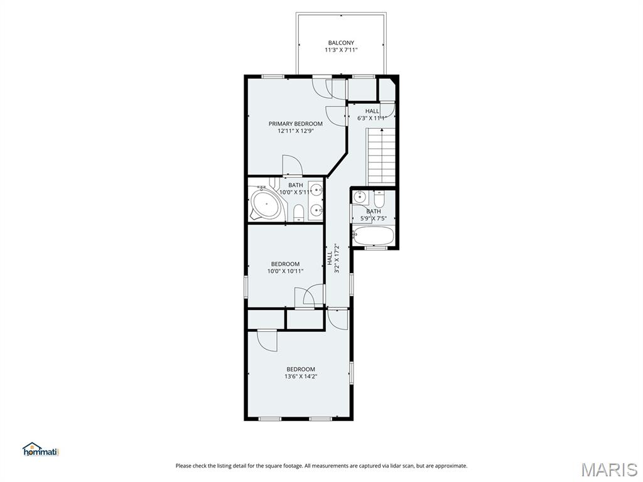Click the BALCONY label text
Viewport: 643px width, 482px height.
point(341,43)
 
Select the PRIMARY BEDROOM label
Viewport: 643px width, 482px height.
point(296,124)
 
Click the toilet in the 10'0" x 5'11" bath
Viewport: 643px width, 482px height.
point(298,213)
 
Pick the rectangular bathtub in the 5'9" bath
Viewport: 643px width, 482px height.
point(374,236)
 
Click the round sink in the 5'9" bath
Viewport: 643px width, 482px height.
point(359,197)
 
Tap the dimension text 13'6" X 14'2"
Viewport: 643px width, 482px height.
point(301,377)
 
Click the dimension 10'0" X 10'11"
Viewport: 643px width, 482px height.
point(285,271)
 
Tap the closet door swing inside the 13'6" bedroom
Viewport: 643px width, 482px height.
point(267,341)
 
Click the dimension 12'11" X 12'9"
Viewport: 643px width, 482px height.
point(296,131)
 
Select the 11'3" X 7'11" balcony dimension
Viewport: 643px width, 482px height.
point(341,50)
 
